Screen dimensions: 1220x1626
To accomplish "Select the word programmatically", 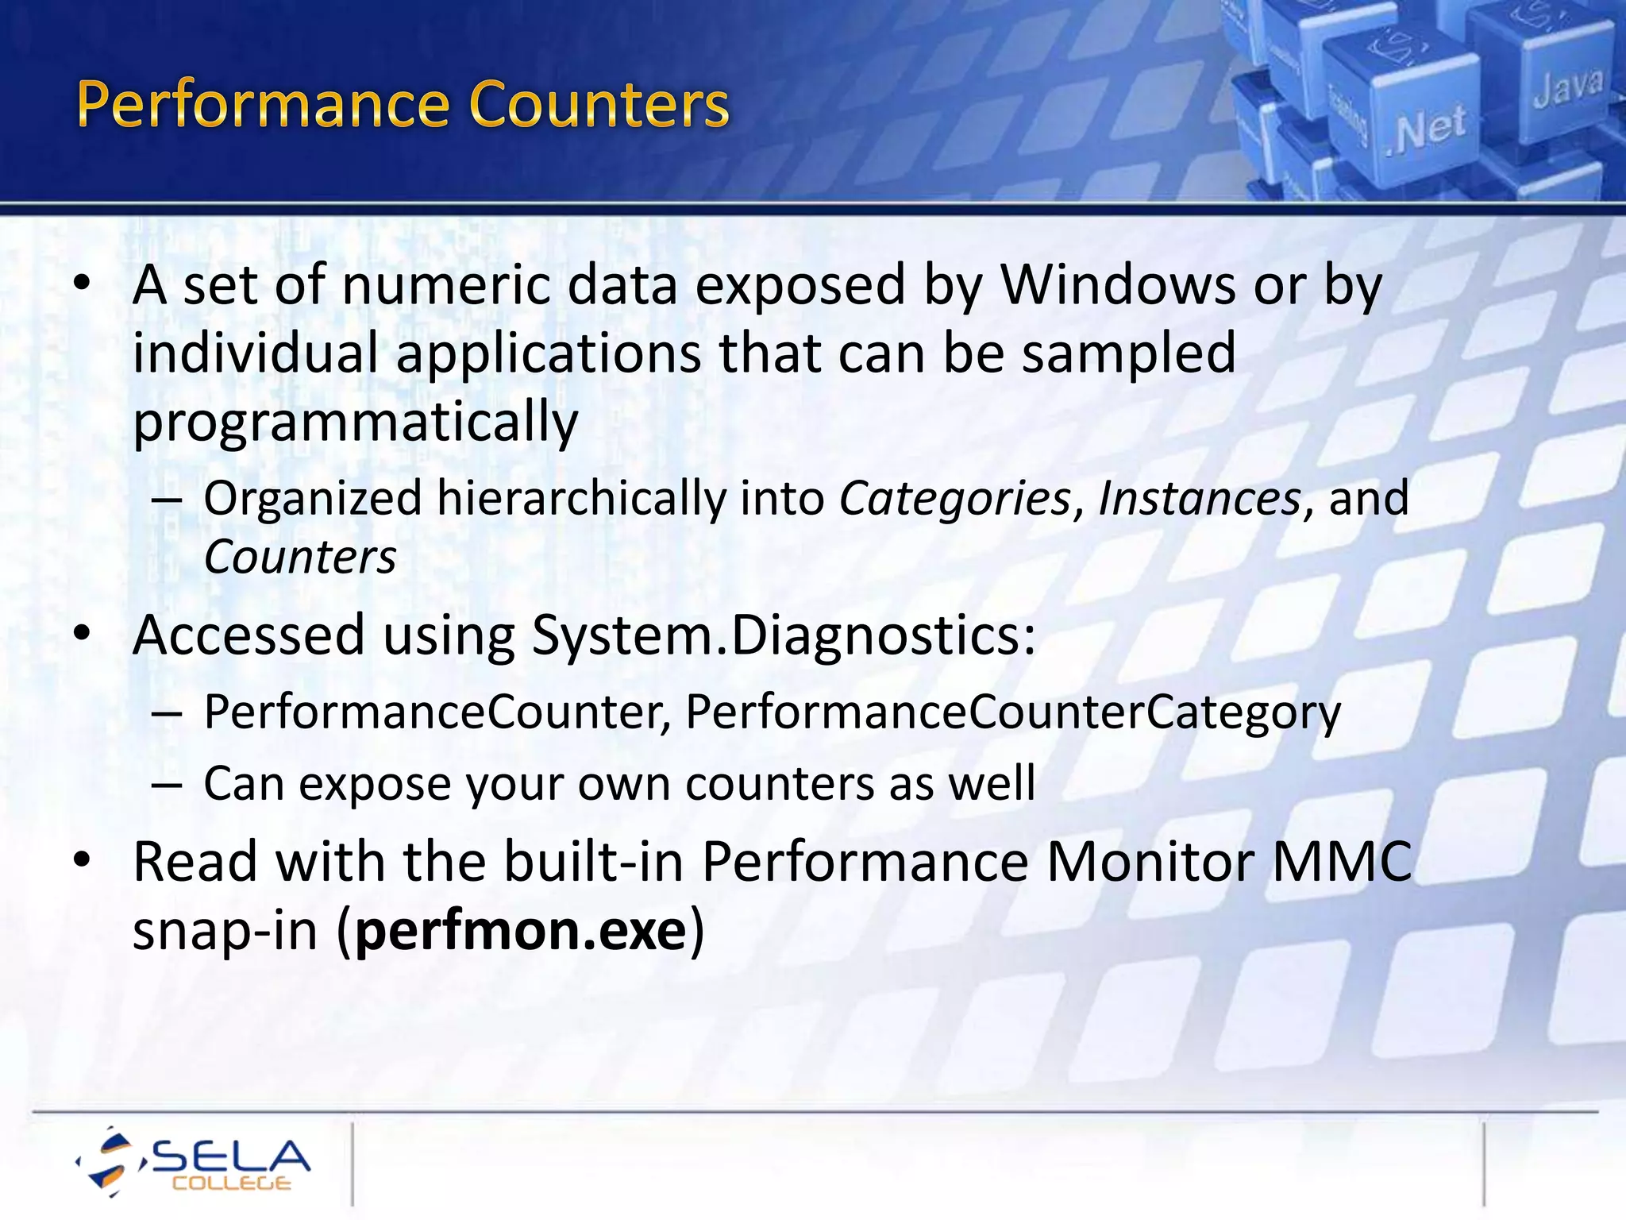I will coord(355,422).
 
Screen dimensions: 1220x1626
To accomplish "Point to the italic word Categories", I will coord(955,499).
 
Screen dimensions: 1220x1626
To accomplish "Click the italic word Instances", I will coord(1199,499).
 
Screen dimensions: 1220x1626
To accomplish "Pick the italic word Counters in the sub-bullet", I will coord(300,558).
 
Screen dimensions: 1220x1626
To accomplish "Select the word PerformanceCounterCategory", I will coord(1012,712).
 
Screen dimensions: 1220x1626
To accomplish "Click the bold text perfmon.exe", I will coord(521,930).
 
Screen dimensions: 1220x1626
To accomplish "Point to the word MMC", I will coord(1342,861).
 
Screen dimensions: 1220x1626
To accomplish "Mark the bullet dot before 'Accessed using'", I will coord(83,634).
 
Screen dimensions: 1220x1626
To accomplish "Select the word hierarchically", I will coord(581,499).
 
